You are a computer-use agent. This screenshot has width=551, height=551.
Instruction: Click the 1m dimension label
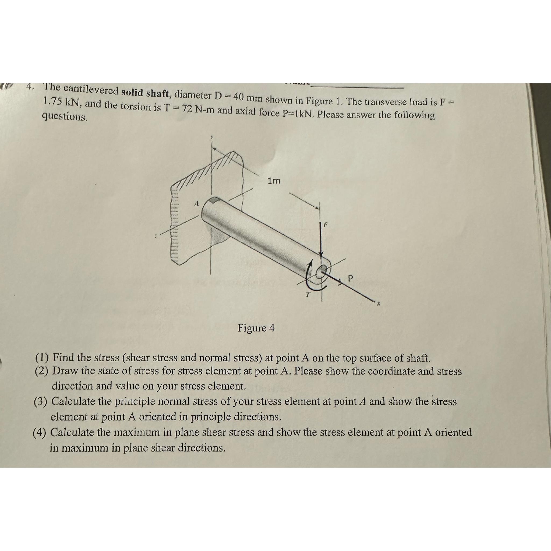click(x=274, y=181)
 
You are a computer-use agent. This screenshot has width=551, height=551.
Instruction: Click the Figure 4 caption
click(x=256, y=328)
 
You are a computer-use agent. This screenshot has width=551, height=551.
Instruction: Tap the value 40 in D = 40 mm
click(x=238, y=97)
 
